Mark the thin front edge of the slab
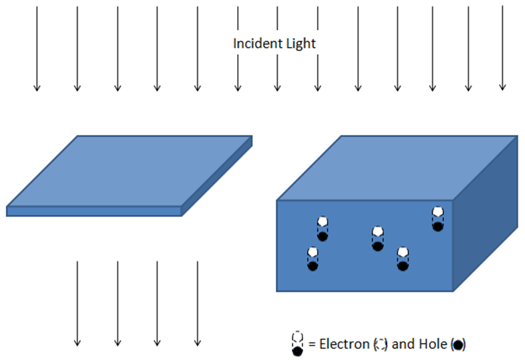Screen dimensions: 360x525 pos(94,211)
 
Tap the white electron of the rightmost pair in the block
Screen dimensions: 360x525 pos(438,212)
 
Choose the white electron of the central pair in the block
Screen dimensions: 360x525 pos(377,232)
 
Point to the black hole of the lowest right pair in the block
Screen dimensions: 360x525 pos(403,266)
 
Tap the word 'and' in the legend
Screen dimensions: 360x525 pos(403,344)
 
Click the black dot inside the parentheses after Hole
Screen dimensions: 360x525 pos(458,345)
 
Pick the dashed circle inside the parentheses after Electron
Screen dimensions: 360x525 pos(380,344)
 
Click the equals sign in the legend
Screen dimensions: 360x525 pos(312,345)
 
